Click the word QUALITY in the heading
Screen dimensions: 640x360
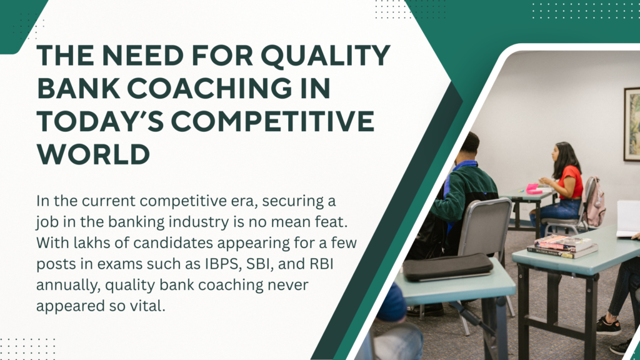click(326, 56)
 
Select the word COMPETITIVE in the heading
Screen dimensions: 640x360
click(272, 121)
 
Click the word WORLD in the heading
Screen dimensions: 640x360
click(94, 154)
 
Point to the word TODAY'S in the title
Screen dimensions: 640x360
click(101, 121)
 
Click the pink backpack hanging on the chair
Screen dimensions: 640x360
click(594, 203)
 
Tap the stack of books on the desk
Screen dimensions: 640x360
click(562, 246)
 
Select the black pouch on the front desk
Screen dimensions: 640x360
click(447, 267)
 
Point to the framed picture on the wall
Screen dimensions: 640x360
click(632, 124)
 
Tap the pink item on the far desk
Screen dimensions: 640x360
click(533, 189)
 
